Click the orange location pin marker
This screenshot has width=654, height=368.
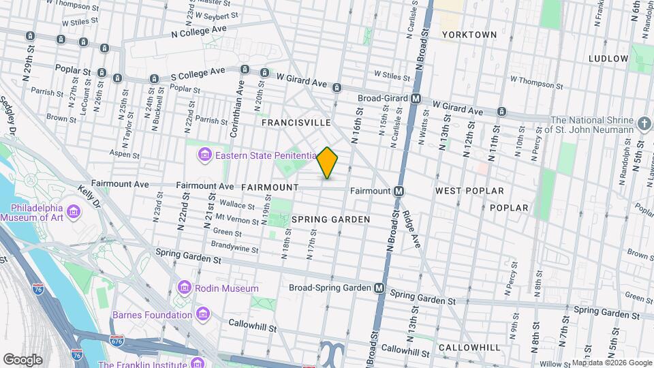tap(328, 163)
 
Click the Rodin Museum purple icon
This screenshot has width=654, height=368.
tap(184, 288)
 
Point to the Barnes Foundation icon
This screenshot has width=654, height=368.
tap(202, 315)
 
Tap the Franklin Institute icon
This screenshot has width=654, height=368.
tap(198, 362)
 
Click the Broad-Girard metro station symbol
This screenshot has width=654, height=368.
tap(416, 98)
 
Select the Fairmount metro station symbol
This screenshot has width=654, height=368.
tap(399, 191)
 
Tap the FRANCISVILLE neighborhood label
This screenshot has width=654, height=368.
tap(296, 123)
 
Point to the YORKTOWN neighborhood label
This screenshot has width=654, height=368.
tap(469, 34)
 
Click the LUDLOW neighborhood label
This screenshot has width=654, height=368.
tap(608, 59)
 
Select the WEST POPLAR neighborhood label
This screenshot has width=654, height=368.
tap(469, 191)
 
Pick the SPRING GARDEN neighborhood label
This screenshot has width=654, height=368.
tap(330, 219)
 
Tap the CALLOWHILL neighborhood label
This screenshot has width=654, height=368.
tap(469, 348)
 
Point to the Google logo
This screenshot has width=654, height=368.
tap(22, 359)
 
